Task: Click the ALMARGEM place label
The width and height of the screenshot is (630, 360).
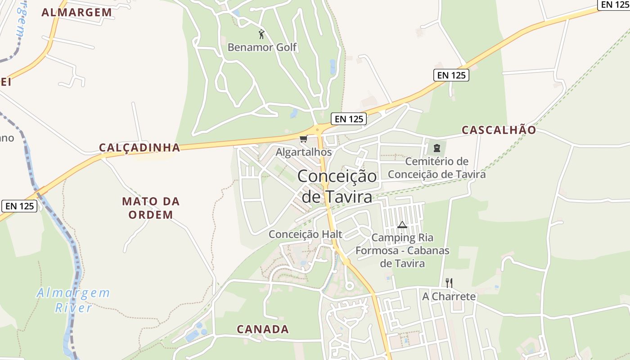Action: click(76, 13)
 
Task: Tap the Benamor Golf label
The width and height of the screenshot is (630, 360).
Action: click(262, 47)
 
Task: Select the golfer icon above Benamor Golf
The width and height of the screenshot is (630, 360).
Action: click(261, 34)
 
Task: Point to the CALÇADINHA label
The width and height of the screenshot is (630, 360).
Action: click(139, 148)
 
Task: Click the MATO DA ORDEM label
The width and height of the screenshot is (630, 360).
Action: click(151, 208)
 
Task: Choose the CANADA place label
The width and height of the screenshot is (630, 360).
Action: click(263, 329)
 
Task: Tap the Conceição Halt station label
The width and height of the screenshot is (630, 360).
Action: click(305, 234)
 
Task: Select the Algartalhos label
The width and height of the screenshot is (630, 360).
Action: click(303, 152)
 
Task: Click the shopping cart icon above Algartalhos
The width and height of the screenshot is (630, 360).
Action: click(303, 139)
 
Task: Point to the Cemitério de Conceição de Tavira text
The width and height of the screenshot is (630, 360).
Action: click(436, 168)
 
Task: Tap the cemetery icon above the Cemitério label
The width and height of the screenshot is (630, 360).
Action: click(436, 148)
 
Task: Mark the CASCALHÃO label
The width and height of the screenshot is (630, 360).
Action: click(499, 130)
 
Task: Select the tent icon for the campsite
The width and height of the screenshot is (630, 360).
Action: click(402, 225)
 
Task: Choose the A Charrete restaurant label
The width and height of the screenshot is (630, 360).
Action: click(449, 297)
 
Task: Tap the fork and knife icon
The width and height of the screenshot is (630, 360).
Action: click(449, 283)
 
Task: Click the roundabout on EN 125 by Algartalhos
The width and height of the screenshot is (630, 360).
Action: click(318, 130)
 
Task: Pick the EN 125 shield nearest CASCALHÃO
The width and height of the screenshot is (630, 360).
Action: click(451, 75)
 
